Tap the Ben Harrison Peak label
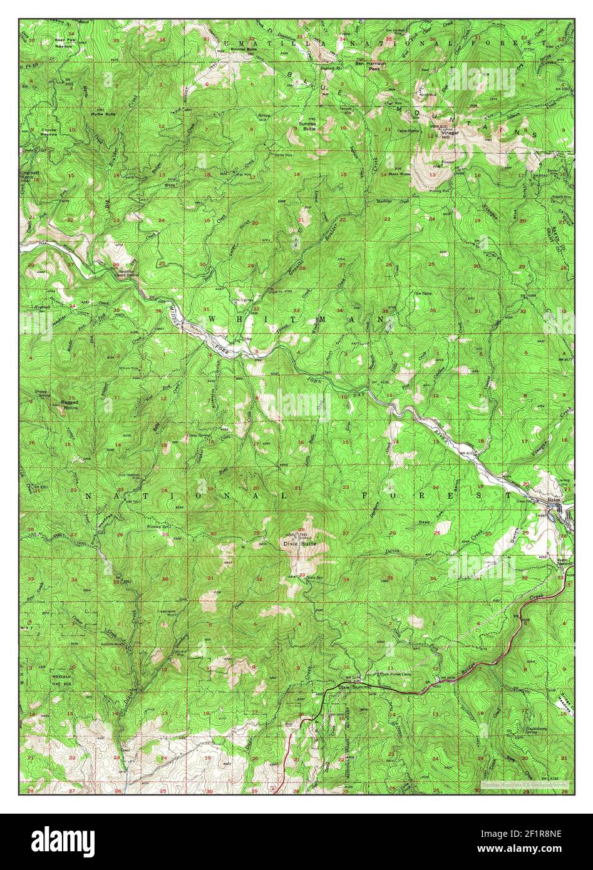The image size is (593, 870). (x=371, y=66)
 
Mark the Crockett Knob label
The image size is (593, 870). (x=29, y=175)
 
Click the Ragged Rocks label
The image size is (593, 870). (x=64, y=404)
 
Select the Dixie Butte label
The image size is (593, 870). (x=297, y=545)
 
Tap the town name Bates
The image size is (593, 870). (x=553, y=501)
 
